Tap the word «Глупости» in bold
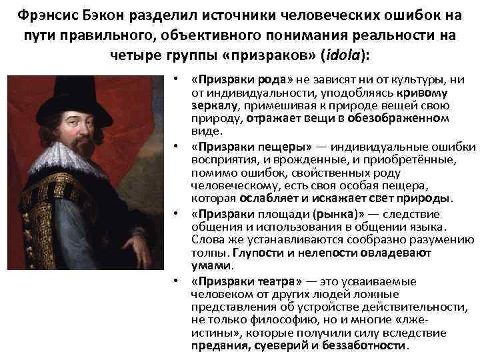(254, 253)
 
